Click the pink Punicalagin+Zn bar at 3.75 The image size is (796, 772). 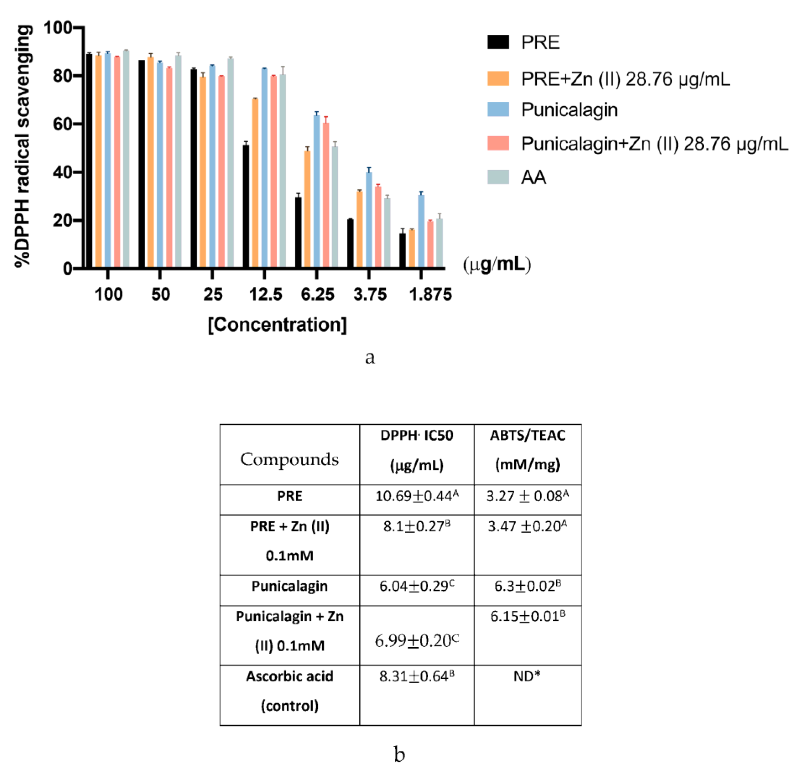pyautogui.click(x=378, y=227)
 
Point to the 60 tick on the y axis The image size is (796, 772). pyautogui.click(x=63, y=124)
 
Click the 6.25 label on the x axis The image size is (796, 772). pyautogui.click(x=317, y=294)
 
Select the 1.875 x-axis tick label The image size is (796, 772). pyautogui.click(x=430, y=294)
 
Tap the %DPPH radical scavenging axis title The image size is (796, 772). pyautogui.click(x=23, y=146)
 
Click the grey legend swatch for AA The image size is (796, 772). pyautogui.click(x=498, y=177)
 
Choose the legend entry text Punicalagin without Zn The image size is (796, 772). pyautogui.click(x=569, y=110)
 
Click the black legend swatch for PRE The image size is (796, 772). pyautogui.click(x=498, y=42)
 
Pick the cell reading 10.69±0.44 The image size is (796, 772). pyautogui.click(x=417, y=496)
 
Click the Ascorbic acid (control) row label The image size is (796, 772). pyautogui.click(x=289, y=691)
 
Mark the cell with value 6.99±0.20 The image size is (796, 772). pyautogui.click(x=417, y=641)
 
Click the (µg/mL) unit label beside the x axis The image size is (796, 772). pyautogui.click(x=497, y=265)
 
